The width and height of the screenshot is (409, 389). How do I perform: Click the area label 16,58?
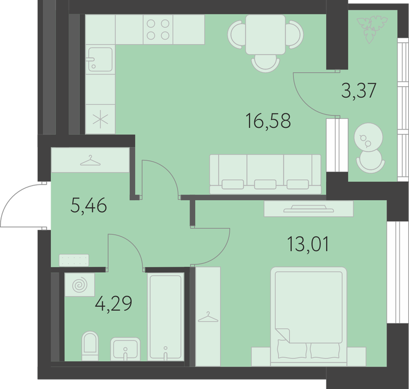(x=269, y=121)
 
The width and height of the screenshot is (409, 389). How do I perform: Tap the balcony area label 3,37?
(x=359, y=90)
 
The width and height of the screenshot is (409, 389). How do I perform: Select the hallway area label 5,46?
(x=89, y=205)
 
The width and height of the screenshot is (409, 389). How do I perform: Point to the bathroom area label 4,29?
(x=113, y=303)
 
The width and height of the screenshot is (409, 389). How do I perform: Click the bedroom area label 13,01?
(x=308, y=244)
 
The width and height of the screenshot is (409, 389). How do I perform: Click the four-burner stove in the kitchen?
(x=158, y=29)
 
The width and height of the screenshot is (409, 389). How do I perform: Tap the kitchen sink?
(x=100, y=59)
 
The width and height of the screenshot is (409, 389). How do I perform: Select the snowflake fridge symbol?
(x=100, y=119)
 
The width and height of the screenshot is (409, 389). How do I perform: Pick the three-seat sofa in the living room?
(x=265, y=174)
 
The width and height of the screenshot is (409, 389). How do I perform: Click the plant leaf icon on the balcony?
(x=372, y=29)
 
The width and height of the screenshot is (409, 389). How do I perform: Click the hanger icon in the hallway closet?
(x=90, y=161)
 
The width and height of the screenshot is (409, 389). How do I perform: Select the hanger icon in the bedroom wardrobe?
(x=208, y=317)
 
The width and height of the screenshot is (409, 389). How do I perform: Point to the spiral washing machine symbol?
(x=79, y=285)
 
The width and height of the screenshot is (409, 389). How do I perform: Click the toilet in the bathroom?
(x=90, y=346)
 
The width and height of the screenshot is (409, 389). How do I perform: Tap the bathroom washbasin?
(x=125, y=349)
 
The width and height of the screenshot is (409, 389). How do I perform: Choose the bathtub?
(x=165, y=317)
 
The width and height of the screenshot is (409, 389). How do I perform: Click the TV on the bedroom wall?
(x=309, y=209)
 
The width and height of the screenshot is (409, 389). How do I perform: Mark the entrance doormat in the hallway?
(x=74, y=260)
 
